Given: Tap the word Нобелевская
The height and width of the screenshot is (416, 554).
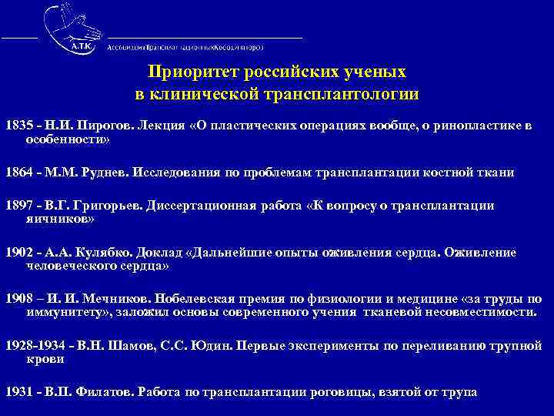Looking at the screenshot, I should tap(193, 299).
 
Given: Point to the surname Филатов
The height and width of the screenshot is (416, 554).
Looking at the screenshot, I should tap(108, 391).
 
